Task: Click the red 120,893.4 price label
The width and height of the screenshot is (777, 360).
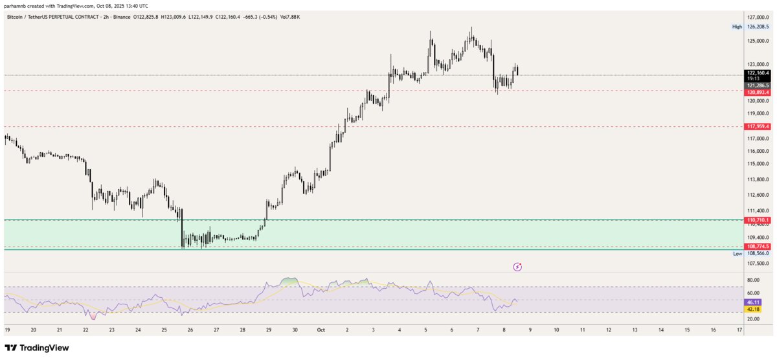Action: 758,93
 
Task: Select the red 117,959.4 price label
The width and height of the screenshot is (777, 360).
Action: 758,126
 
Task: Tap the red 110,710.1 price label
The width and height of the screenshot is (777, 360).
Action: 758,221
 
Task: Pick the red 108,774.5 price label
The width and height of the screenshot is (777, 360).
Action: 758,247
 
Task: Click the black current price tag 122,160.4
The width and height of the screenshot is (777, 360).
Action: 758,73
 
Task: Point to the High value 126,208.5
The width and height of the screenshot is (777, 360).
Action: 758,27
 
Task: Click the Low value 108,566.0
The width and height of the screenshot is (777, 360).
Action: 758,254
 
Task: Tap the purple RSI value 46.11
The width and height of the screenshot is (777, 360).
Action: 752,302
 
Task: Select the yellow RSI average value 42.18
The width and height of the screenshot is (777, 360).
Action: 752,309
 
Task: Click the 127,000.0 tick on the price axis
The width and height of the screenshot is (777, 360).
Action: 758,17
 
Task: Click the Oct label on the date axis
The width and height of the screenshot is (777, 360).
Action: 321,330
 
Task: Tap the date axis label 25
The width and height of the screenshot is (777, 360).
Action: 164,330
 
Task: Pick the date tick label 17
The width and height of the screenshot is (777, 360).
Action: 739,330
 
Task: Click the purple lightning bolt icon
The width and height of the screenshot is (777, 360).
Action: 517,266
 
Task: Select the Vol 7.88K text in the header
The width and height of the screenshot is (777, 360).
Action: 289,16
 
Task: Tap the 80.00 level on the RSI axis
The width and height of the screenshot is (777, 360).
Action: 753,280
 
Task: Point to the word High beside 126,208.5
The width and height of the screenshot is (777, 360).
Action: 737,27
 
